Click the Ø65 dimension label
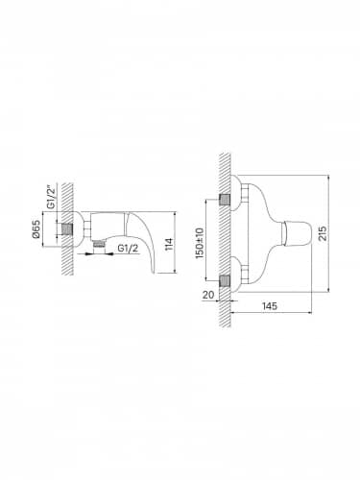click(x=36, y=229)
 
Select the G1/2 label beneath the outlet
click(x=128, y=248)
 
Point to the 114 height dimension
click(x=170, y=244)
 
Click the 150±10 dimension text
click(x=200, y=243)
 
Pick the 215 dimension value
click(x=323, y=233)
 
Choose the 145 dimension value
click(x=270, y=306)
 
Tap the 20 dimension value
click(x=208, y=295)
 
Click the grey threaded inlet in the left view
click(x=67, y=229)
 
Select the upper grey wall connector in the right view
click(x=225, y=200)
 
